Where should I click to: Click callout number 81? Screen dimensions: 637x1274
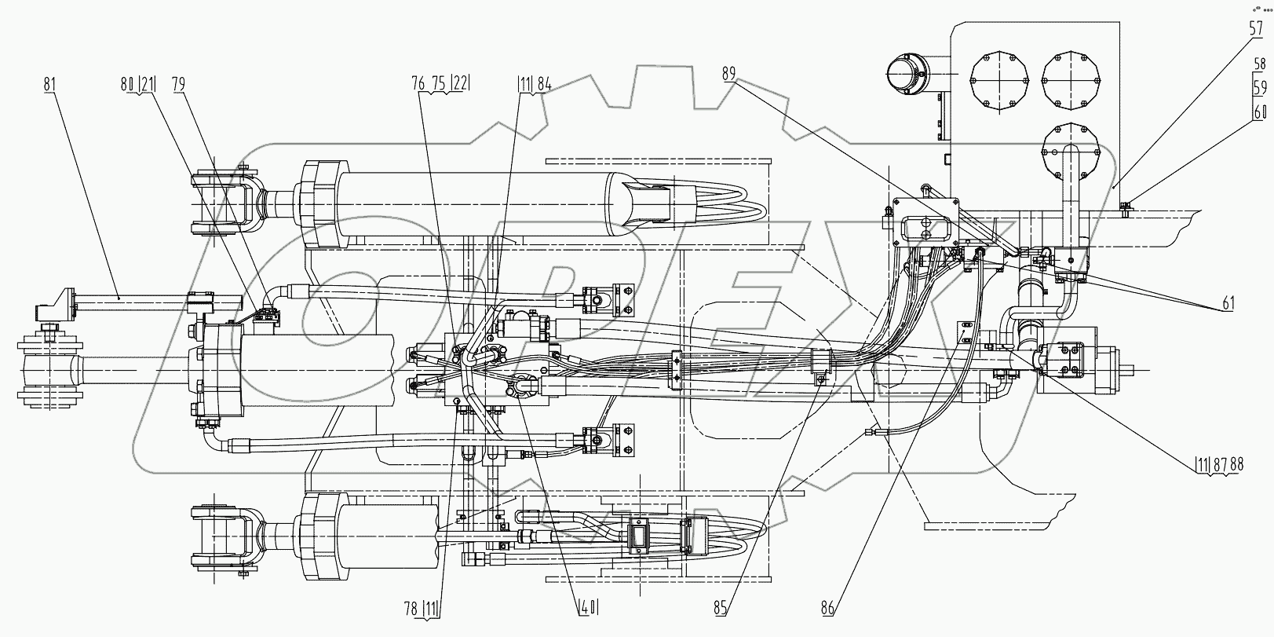50,84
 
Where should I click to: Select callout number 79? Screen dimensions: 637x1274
179,84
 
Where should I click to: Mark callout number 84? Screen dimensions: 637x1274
545,84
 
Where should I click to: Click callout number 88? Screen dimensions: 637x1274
1236,464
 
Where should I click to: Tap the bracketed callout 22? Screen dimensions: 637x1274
461,84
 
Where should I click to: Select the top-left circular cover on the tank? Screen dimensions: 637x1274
999,81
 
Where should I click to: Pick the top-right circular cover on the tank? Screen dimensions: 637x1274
1071,81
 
